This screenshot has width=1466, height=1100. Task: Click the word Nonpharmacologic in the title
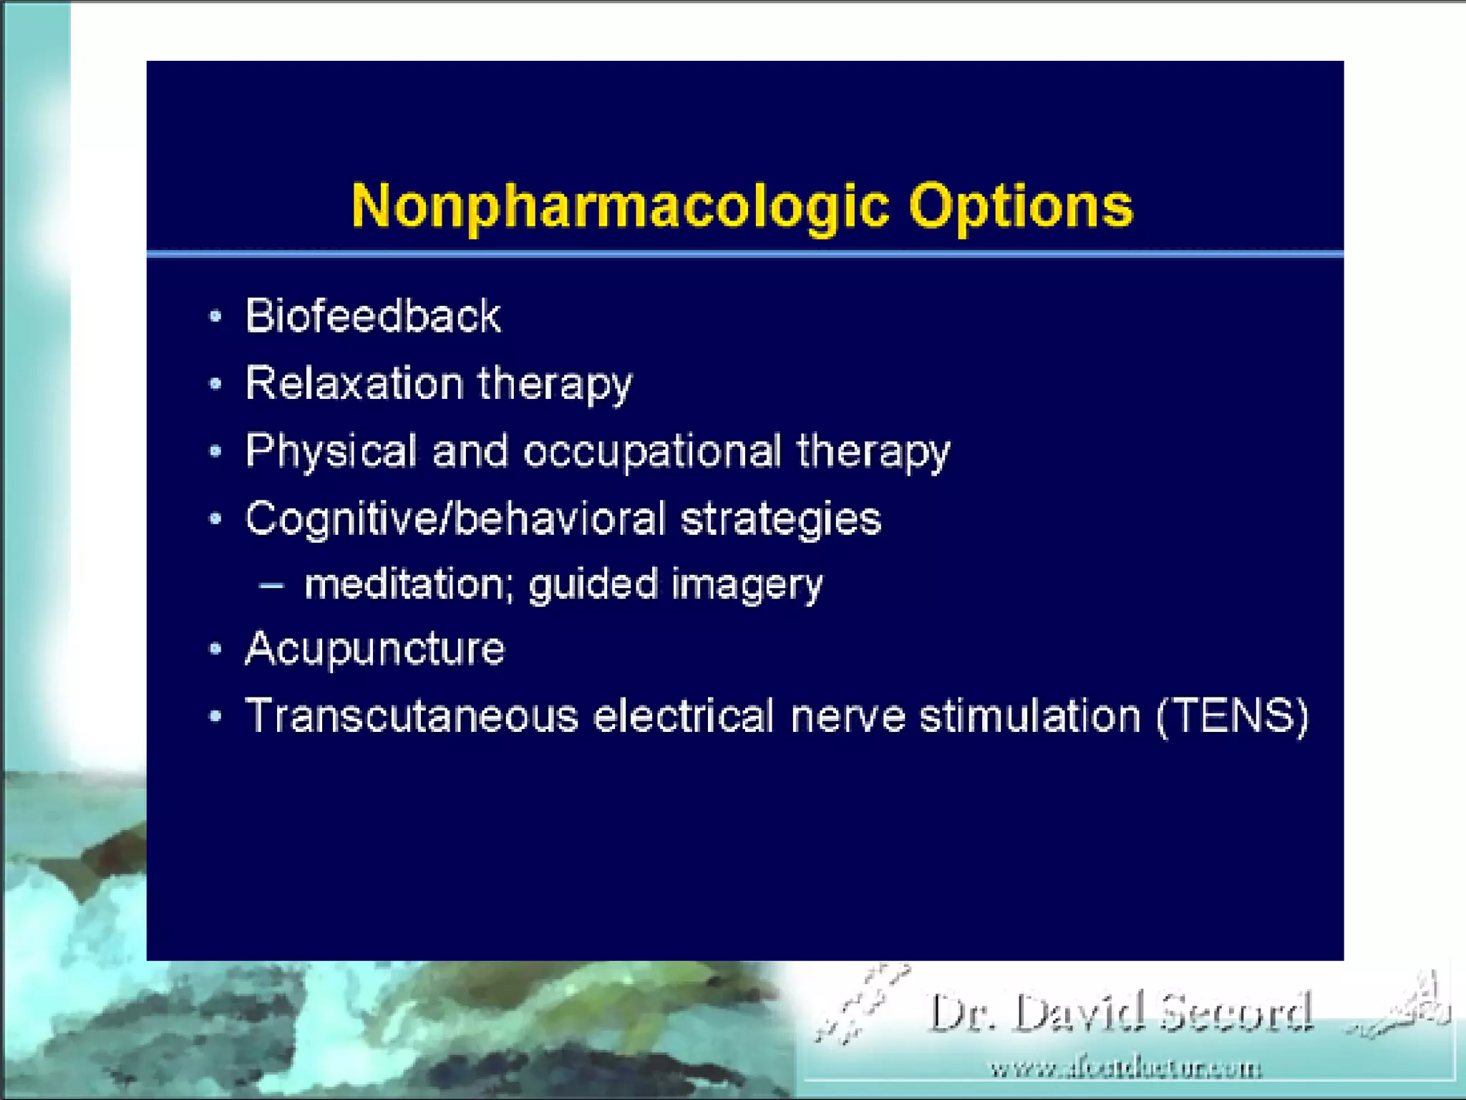click(620, 206)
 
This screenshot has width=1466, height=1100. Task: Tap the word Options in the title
click(1021, 206)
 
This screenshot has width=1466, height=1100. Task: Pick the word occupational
click(652, 451)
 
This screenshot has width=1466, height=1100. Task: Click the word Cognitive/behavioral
click(455, 518)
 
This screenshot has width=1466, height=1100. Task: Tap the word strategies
click(780, 519)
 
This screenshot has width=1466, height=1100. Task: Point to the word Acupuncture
click(375, 649)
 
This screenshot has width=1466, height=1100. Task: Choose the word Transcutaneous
click(412, 715)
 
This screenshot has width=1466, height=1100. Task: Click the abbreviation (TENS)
click(1233, 715)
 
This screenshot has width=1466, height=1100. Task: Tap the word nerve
click(848, 715)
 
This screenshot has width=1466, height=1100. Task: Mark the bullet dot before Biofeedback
click(215, 316)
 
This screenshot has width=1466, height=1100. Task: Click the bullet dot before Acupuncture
click(215, 649)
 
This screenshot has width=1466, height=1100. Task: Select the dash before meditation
click(272, 585)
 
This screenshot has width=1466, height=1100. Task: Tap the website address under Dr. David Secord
click(1126, 1069)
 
